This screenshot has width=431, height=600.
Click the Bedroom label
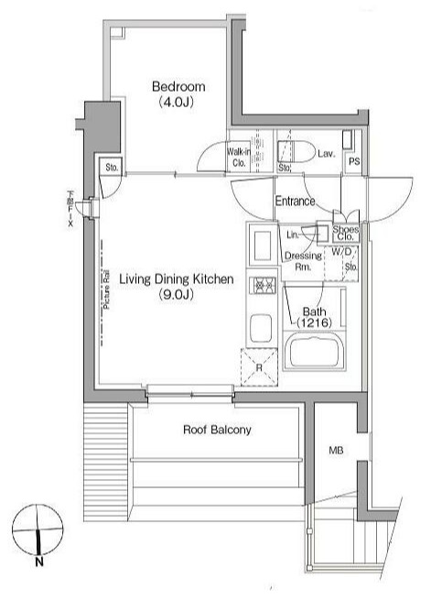[x=178, y=87]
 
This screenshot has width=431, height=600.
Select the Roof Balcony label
[x=217, y=430]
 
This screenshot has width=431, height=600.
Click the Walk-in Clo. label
[x=240, y=158]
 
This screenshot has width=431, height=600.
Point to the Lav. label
[x=327, y=154]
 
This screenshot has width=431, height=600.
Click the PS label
[x=354, y=161]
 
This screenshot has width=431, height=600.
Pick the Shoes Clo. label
[x=346, y=233]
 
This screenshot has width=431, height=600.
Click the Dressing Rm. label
[x=303, y=261]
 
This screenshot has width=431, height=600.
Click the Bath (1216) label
[x=313, y=317]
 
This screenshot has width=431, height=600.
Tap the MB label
[x=337, y=451]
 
